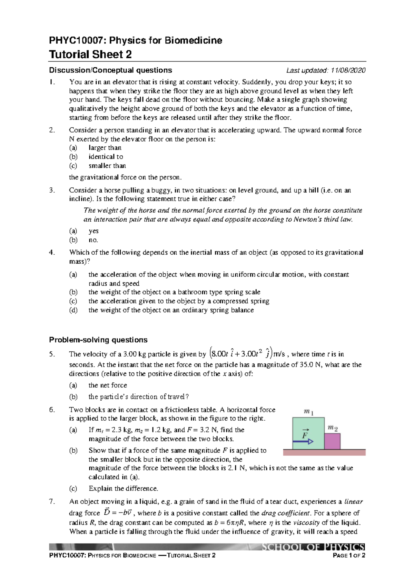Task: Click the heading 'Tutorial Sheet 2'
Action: (x=90, y=55)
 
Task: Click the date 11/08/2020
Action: (x=348, y=70)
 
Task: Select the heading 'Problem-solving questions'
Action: (x=98, y=340)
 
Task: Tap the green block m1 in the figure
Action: (x=308, y=433)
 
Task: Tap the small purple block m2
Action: (x=332, y=441)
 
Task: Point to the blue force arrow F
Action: (x=303, y=441)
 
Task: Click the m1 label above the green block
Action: (x=308, y=412)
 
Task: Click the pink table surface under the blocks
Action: (x=324, y=452)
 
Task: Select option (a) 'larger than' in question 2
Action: (x=105, y=148)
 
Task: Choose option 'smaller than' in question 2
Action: (x=107, y=166)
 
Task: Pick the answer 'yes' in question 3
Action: (x=93, y=231)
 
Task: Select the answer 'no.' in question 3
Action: (x=93, y=240)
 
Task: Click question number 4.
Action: (x=52, y=252)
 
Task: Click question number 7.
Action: (x=52, y=501)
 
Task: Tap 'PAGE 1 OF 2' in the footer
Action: (x=348, y=555)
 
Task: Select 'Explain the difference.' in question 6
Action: (x=123, y=488)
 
